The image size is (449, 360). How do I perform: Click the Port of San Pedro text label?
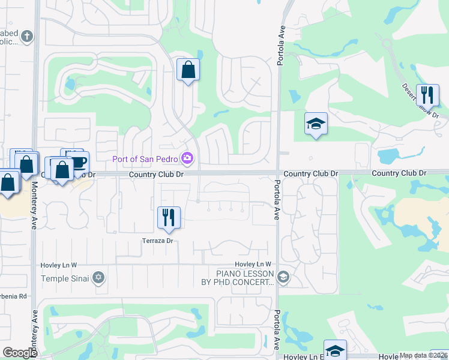pyautogui.click(x=146, y=159)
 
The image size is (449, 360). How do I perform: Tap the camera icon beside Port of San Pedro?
pyautogui.click(x=188, y=158)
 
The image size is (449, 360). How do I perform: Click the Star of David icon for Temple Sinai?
pyautogui.click(x=99, y=278)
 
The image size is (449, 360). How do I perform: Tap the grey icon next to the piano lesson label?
pyautogui.click(x=283, y=277)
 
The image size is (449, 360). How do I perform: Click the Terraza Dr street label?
pyautogui.click(x=157, y=241)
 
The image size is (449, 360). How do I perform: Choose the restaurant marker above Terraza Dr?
pyautogui.click(x=169, y=218)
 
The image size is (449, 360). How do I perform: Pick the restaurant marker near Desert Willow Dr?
pyautogui.click(x=427, y=95)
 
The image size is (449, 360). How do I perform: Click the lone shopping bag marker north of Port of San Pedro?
pyautogui.click(x=188, y=70)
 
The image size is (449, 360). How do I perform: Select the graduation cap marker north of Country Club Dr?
pyautogui.click(x=316, y=124)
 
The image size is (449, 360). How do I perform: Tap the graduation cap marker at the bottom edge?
pyautogui.click(x=335, y=351)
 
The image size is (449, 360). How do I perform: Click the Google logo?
pyautogui.click(x=20, y=353)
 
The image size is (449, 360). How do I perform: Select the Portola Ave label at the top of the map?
pyautogui.click(x=280, y=46)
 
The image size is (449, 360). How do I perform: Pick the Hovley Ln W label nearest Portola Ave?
pyautogui.click(x=253, y=264)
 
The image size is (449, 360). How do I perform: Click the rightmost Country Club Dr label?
pyautogui.click(x=399, y=173)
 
